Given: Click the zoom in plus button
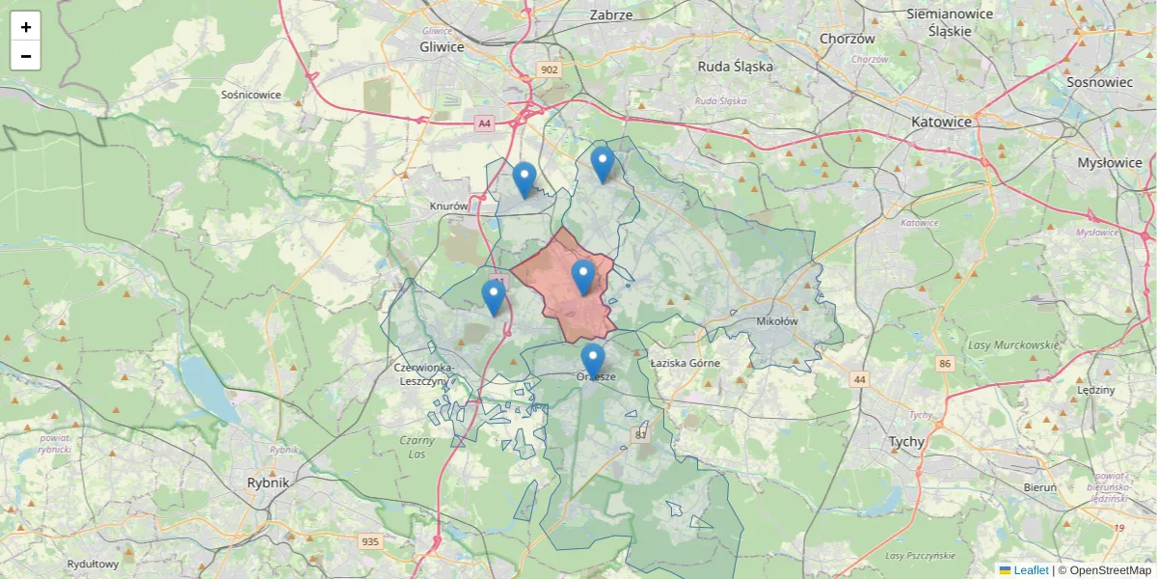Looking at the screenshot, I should pos(26,26).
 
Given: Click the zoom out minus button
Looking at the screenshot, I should pos(26,56).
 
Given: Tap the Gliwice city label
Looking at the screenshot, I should pos(442,46).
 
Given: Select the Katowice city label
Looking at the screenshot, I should pos(941,123).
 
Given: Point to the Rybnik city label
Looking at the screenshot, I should pos(267,482).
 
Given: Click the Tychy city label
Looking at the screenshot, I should pos(906,442).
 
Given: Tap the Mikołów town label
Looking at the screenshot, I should pos(778,321).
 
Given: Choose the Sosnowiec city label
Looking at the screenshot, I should pos(1099,82).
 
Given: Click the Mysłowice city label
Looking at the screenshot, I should pos(1109,163).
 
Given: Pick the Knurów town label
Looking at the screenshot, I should pos(448,207).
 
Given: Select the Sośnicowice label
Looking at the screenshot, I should pos(251,95).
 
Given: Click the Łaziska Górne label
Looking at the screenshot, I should pos(685,363).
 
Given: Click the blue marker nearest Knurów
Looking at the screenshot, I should pos(524,179).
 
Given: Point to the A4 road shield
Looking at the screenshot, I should pos(484,123).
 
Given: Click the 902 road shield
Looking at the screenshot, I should pos(550,69).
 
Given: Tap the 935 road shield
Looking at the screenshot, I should pos(370,541).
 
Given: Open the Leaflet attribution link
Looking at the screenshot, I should pos(1030,570).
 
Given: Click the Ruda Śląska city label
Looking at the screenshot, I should pos(735,67).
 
